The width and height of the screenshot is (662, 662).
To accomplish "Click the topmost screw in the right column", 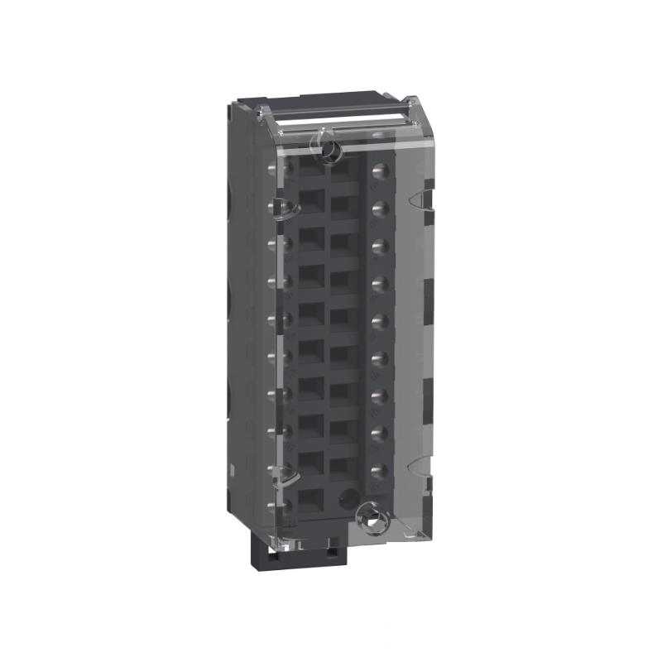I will (380, 171).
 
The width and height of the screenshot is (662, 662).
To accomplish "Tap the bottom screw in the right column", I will (380, 470).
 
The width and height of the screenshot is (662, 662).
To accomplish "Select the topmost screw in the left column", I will (274, 168).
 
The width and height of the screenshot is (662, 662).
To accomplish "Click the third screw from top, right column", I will (380, 245).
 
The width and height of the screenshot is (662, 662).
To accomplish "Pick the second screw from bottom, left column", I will (274, 468).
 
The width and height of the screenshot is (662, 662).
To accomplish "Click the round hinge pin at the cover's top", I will (329, 150).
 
